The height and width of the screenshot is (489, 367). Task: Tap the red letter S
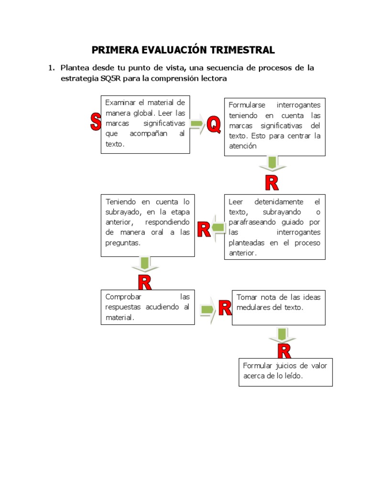(x=96, y=122)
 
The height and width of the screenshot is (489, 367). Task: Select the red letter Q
(x=214, y=125)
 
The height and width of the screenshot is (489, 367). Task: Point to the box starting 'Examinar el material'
(x=145, y=124)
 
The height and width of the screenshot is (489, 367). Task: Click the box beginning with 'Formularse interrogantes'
(x=275, y=126)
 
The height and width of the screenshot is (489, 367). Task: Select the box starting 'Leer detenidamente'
(x=275, y=227)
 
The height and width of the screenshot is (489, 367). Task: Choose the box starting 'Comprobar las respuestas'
(x=148, y=307)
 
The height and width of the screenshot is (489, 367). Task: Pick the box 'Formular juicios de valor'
(x=285, y=372)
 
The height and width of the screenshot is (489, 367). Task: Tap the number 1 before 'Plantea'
(x=50, y=68)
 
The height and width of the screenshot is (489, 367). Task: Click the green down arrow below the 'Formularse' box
(x=272, y=163)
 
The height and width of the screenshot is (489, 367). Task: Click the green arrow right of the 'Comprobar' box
(x=208, y=310)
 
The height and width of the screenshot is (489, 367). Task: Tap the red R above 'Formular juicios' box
(x=284, y=352)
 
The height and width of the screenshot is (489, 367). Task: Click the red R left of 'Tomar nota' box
(x=225, y=308)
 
